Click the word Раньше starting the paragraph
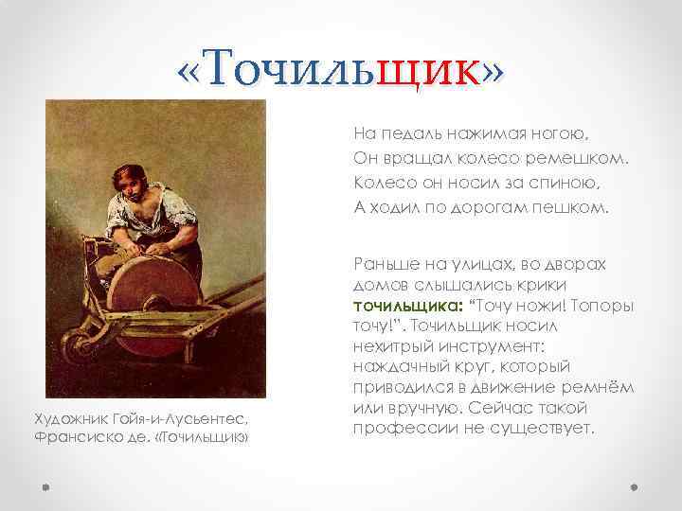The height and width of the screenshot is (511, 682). tap(384, 267)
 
